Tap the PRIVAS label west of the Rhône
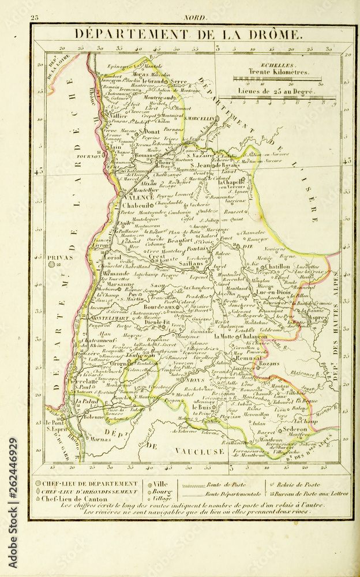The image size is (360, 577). pos(61,257)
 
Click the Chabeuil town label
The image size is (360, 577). pos(138,205)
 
